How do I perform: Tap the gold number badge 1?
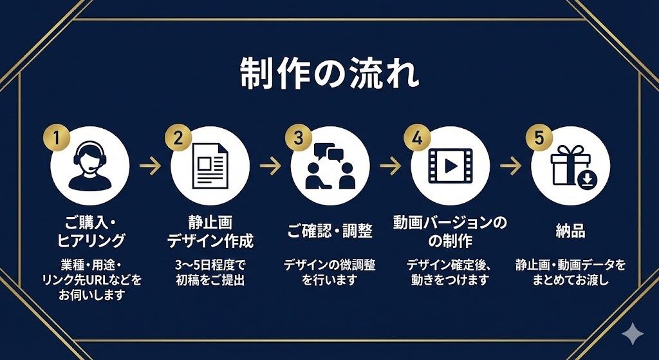56,138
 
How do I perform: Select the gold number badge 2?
177,138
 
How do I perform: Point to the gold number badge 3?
297,138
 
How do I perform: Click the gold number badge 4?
417,138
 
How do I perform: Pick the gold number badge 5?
538,138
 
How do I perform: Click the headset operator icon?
90,166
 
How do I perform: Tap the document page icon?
210,166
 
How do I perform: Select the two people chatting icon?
330,168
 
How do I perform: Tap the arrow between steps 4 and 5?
510,166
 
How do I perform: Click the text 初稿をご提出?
210,279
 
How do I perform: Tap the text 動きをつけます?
450,279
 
